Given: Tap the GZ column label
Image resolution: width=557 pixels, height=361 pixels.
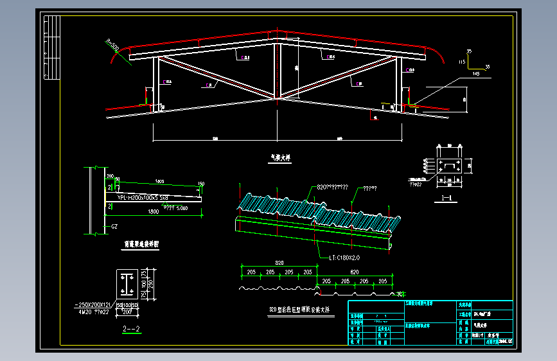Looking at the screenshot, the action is [114, 226].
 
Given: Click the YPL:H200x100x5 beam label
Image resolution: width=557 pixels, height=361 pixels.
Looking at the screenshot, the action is [143, 197].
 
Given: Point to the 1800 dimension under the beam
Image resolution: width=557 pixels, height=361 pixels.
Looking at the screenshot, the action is [154, 211].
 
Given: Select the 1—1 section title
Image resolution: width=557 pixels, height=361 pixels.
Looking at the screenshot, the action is [449, 198].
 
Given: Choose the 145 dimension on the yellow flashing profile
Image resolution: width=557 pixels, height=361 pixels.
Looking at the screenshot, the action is [475, 75].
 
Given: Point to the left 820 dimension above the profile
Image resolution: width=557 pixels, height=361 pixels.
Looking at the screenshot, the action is [278, 263].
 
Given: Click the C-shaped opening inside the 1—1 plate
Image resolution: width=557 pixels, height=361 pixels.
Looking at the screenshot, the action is [450, 166].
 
